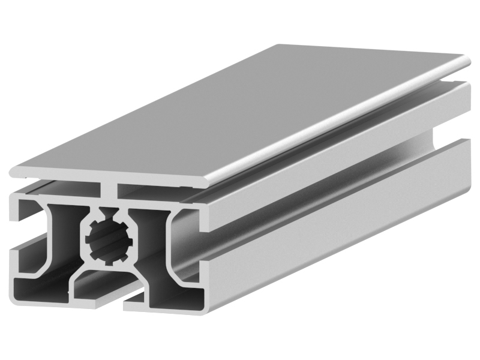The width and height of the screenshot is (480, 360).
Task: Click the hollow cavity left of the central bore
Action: [60, 234]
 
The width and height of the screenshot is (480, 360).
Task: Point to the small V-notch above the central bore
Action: [109, 211]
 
